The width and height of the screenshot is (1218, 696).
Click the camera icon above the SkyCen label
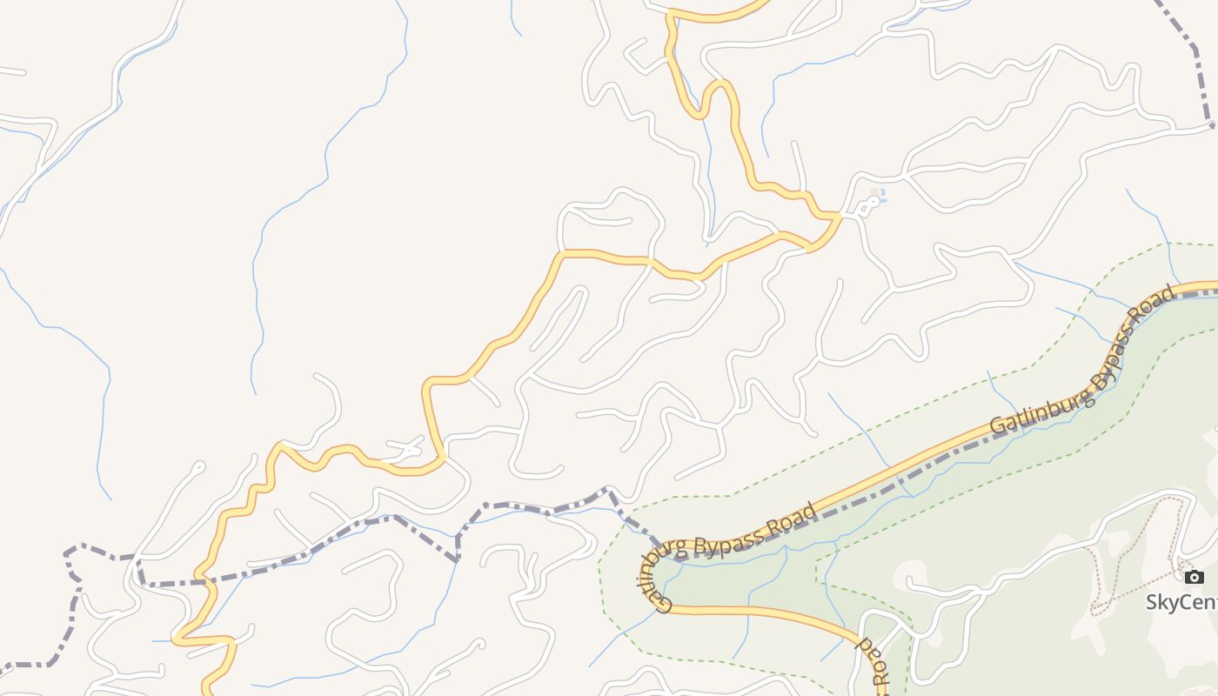(x=1195, y=578)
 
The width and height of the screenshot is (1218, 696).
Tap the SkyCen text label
(x=1181, y=602)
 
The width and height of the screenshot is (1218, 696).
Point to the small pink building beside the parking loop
(x=874, y=193)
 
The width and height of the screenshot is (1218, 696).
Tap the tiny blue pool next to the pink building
(x=883, y=197)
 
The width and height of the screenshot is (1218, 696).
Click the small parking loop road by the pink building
(x=867, y=207)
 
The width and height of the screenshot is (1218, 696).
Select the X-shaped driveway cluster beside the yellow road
(x=410, y=449)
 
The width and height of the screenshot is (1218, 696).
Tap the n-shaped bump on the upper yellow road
(x=719, y=84)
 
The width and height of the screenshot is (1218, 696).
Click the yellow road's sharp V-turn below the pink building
(x=811, y=250)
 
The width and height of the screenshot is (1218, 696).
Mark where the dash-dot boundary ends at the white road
(x=1212, y=126)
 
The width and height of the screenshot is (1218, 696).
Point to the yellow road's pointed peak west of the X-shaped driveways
(x=280, y=445)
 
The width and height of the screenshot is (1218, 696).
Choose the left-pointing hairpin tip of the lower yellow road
(x=176, y=639)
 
